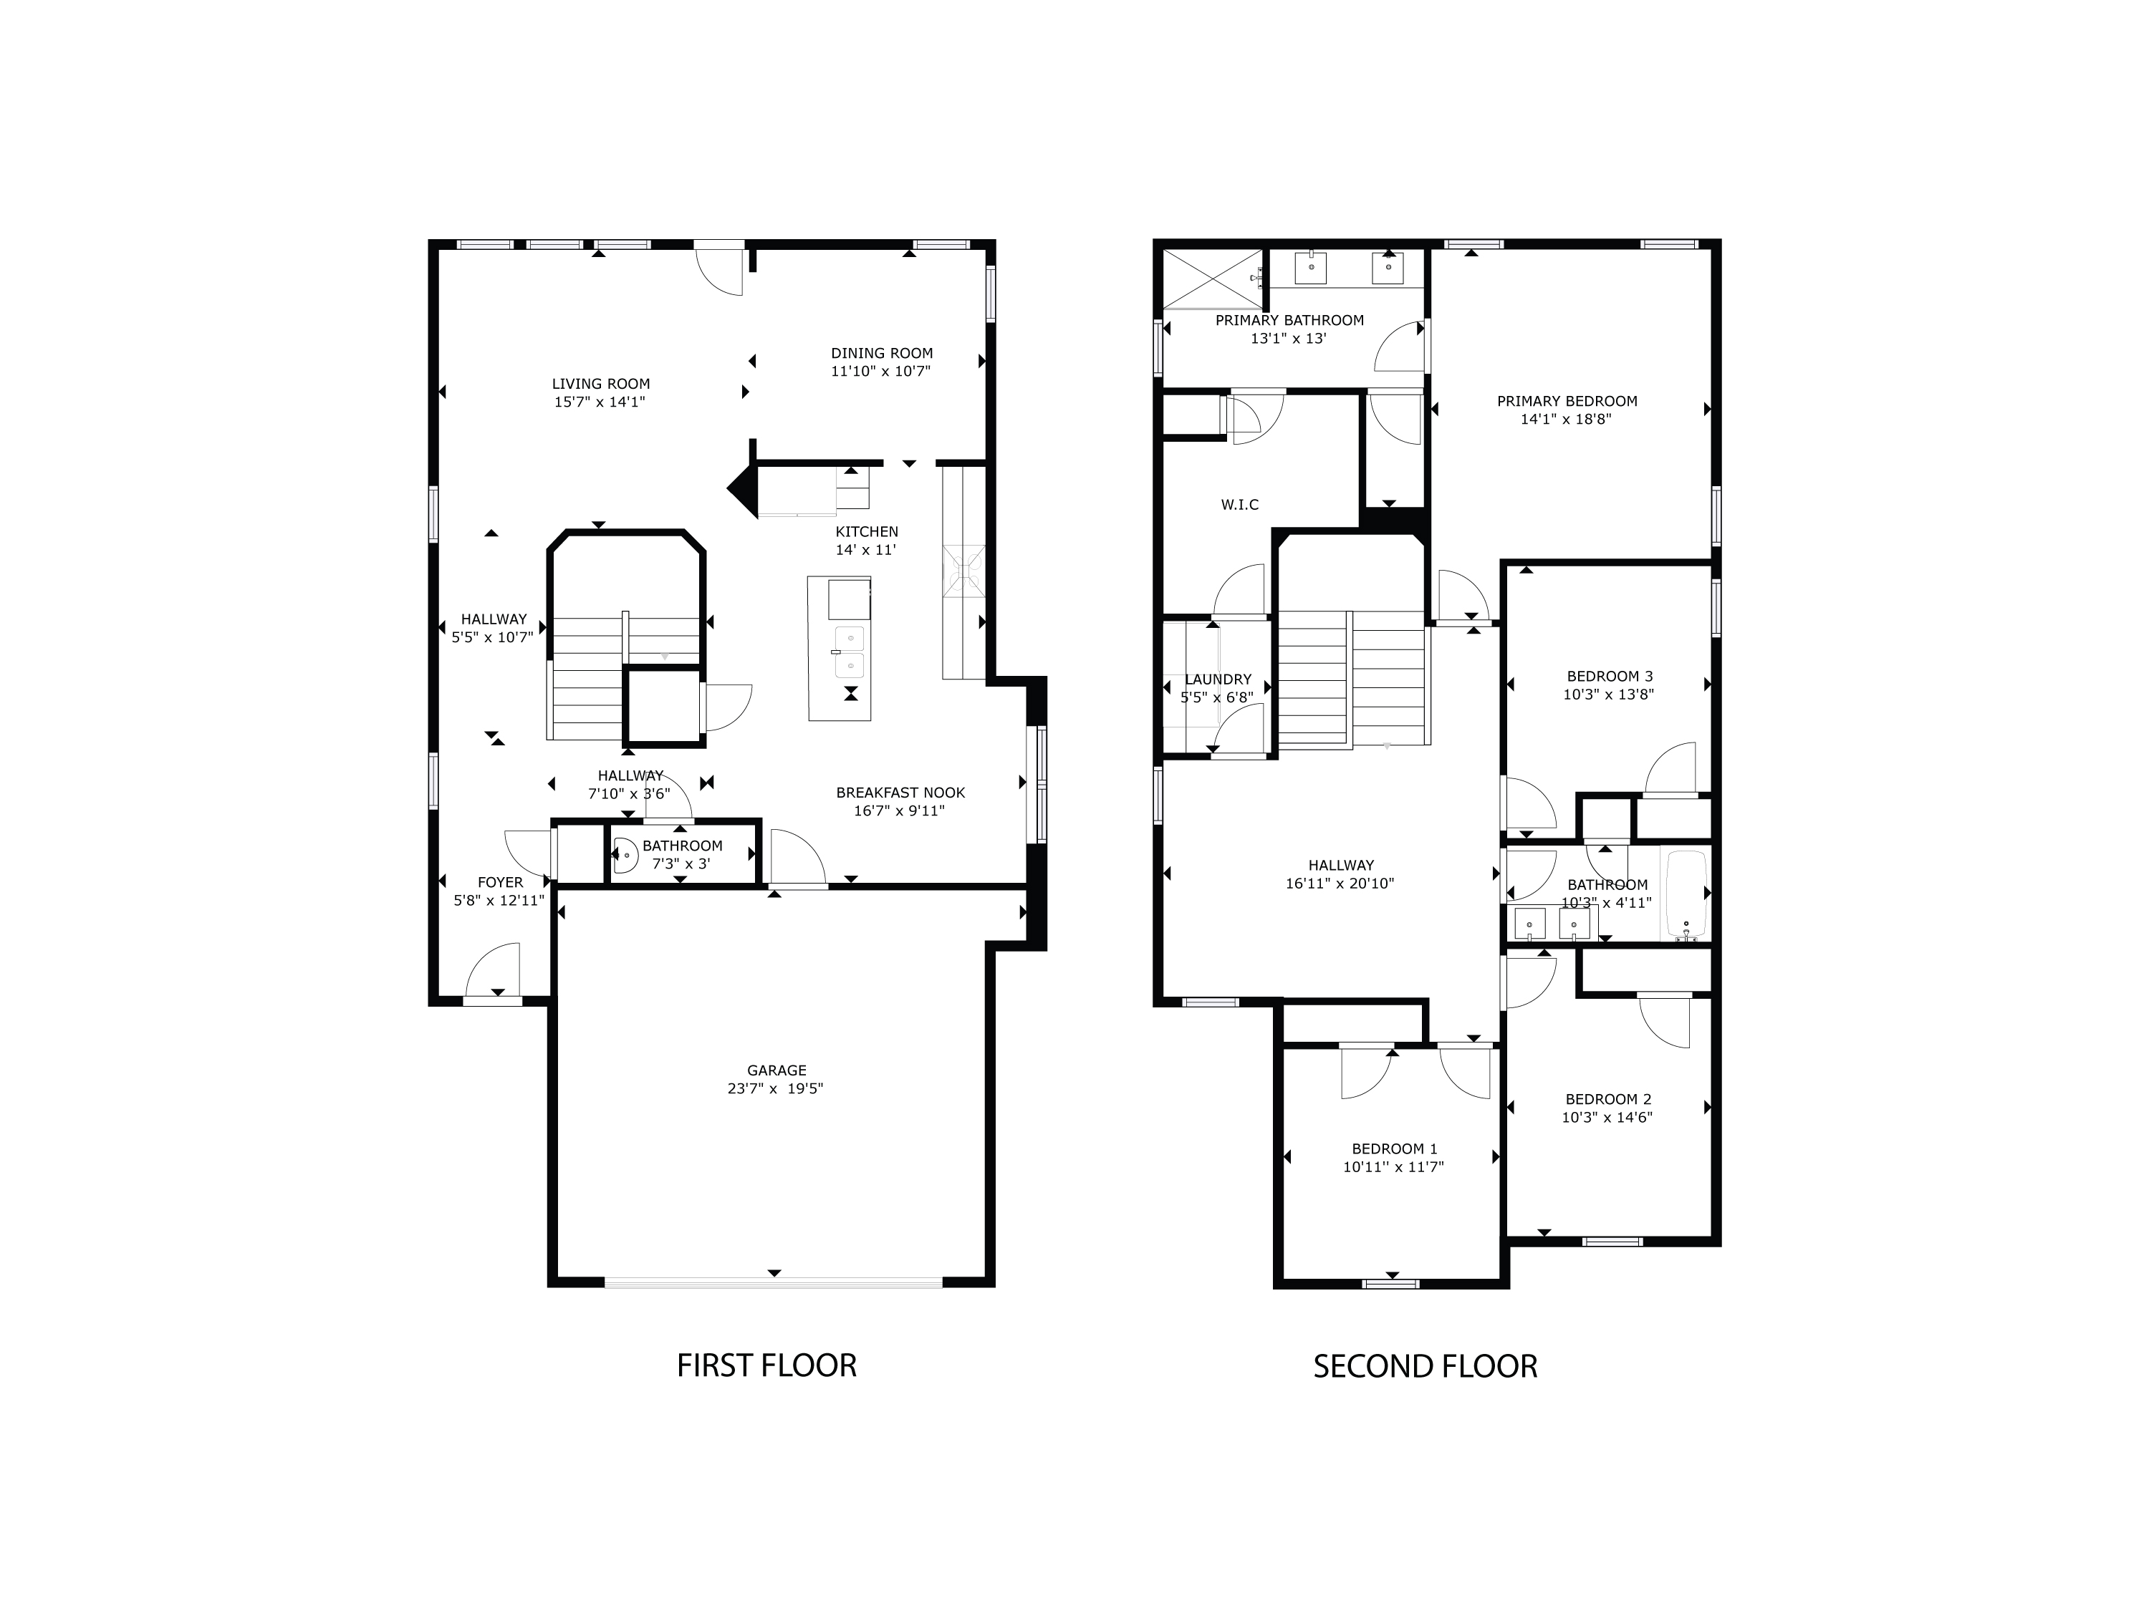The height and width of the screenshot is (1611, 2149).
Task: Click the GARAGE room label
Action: click(x=777, y=1071)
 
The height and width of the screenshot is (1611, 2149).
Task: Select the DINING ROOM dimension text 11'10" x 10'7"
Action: click(x=881, y=371)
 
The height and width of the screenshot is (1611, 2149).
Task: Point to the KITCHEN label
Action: click(x=867, y=532)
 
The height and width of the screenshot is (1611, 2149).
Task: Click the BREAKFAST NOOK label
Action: click(x=900, y=793)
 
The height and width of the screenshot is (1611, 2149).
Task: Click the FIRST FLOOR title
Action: click(x=766, y=1366)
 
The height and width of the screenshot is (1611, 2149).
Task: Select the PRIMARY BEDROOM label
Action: click(x=1567, y=401)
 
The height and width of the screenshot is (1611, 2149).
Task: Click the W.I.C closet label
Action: click(x=1240, y=505)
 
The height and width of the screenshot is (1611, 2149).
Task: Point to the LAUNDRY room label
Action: click(x=1218, y=679)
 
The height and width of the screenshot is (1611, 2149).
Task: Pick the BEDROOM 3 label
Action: click(x=1610, y=677)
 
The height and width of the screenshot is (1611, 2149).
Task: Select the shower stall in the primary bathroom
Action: click(x=1214, y=279)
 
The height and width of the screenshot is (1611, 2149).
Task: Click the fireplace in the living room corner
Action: click(x=744, y=490)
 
